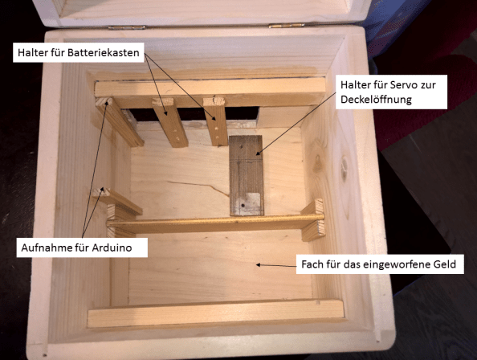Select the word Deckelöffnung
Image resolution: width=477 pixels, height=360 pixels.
[381, 100]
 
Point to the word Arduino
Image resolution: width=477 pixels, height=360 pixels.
[124, 248]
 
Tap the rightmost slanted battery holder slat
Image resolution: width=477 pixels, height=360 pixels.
[217, 121]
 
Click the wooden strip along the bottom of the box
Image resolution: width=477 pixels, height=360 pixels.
[215, 314]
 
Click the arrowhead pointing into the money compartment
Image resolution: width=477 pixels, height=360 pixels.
[257, 264]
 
